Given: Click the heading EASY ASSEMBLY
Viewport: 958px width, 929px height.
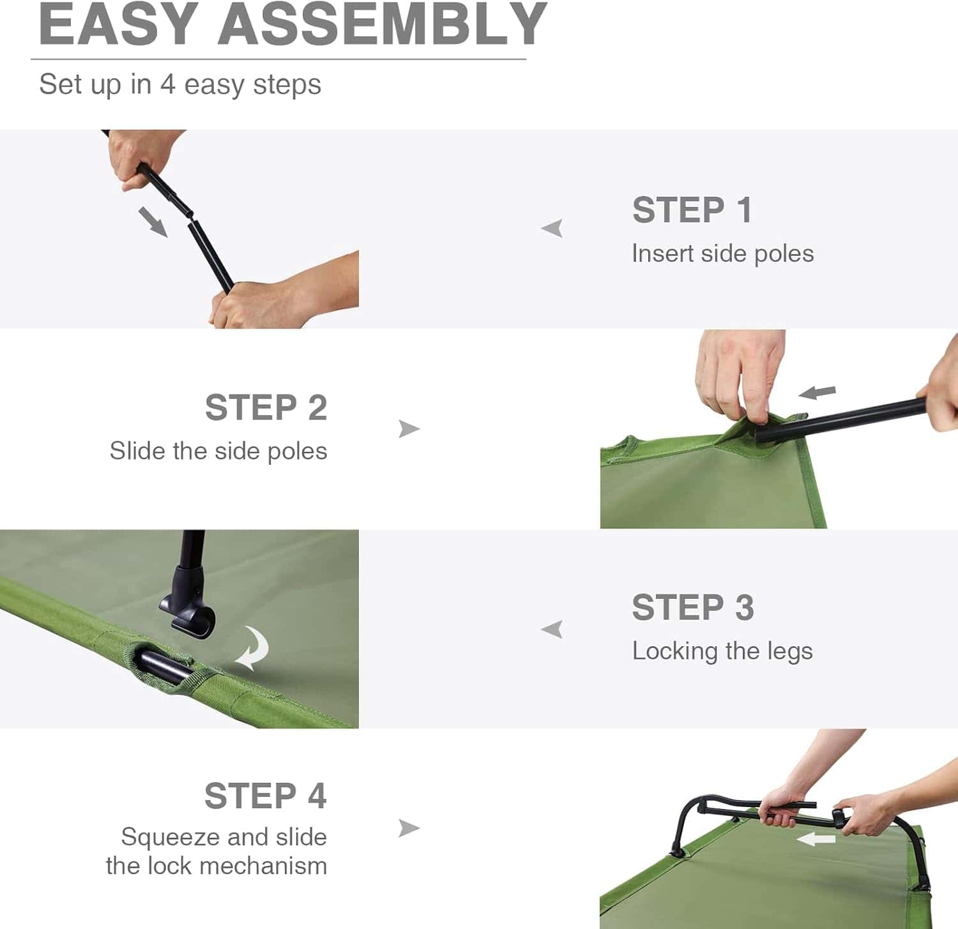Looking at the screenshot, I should (293, 26).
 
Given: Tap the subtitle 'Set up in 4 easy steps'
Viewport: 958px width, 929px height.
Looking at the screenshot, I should (180, 84).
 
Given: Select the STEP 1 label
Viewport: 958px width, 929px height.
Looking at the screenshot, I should (692, 210).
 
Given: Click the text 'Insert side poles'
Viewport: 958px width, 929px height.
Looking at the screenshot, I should (722, 253).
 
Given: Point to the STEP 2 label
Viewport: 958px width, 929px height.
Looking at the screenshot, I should (266, 407).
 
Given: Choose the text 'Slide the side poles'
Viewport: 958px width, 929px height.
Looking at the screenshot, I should (218, 451).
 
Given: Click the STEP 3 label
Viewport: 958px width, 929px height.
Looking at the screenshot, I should (693, 607).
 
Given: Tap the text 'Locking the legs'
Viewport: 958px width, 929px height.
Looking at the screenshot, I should (722, 651).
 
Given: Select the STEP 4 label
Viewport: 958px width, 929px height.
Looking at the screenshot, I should (265, 796).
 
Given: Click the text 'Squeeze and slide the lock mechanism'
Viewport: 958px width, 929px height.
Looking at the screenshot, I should (217, 851).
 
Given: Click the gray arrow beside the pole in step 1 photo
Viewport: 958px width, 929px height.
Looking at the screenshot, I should (153, 222).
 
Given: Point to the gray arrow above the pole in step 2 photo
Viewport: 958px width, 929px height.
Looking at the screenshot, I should (817, 392).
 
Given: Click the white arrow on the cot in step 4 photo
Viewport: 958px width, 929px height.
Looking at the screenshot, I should (816, 839).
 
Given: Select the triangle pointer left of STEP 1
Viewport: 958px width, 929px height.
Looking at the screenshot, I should (552, 228).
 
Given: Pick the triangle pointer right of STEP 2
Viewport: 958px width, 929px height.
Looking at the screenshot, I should (408, 428).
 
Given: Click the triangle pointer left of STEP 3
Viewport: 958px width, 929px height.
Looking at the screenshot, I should (552, 629).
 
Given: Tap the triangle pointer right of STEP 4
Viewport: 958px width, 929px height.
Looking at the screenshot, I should (408, 828).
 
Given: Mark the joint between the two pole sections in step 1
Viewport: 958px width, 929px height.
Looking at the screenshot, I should (190, 215).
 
